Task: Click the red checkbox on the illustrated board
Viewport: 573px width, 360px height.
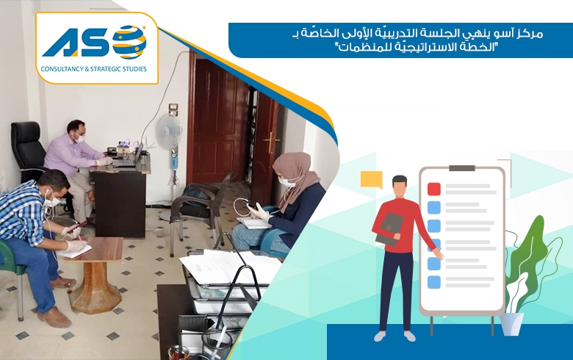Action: coord(433,189)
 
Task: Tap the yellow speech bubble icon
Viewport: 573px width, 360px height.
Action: coord(372,179)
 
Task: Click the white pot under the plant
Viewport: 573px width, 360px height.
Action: coord(511,323)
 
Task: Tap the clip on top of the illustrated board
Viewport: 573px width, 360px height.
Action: coord(461,168)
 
